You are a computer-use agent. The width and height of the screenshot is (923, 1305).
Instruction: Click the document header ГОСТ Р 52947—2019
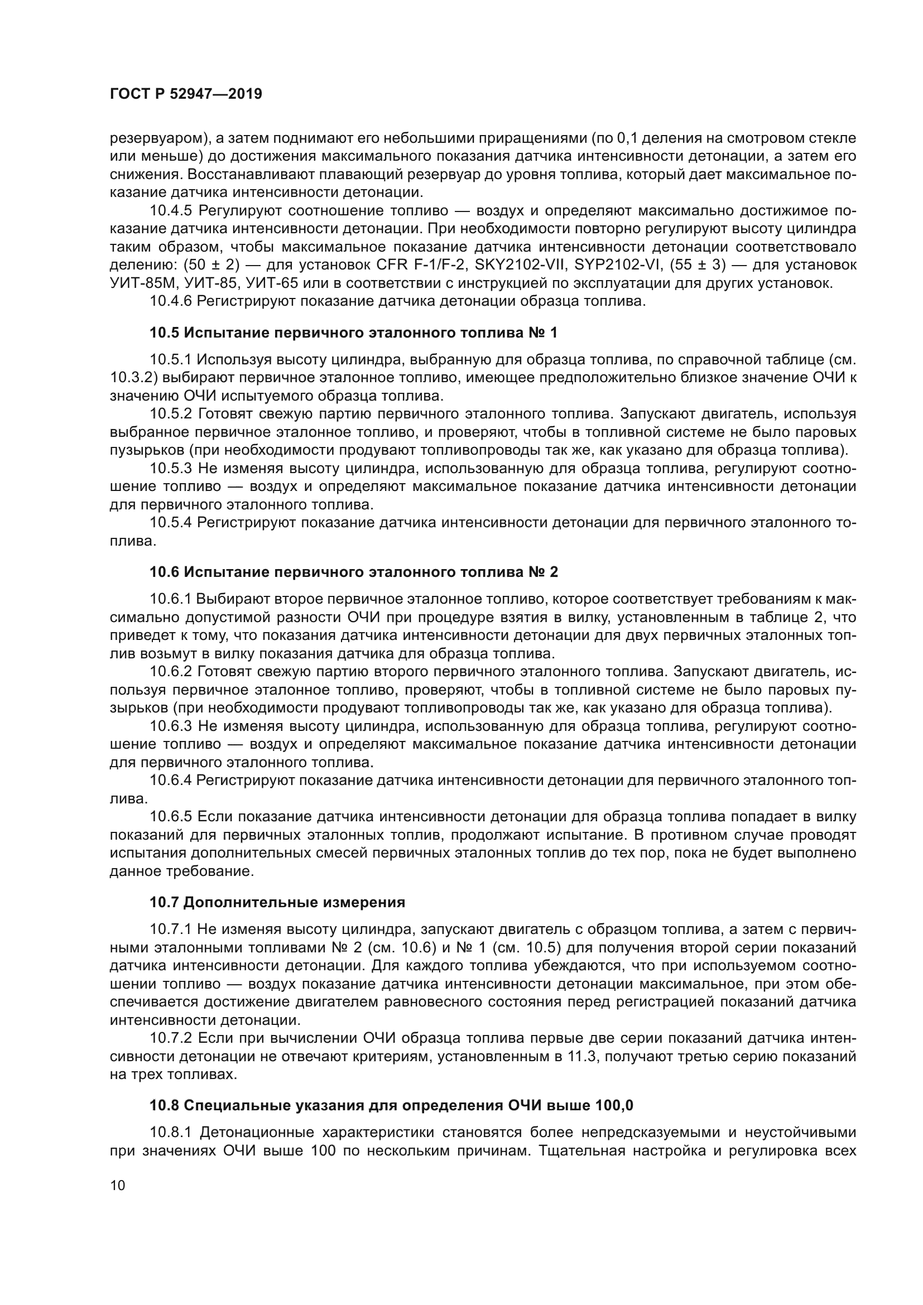(x=186, y=94)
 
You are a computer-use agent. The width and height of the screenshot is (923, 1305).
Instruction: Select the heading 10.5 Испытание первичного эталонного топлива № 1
(x=353, y=333)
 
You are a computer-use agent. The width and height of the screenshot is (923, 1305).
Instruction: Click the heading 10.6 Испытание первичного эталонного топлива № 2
(x=353, y=572)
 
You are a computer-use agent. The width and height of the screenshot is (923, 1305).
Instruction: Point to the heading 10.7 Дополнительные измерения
(x=277, y=902)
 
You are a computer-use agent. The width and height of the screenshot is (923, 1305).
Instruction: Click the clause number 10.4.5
(x=171, y=211)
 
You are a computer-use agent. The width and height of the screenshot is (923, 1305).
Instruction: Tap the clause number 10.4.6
(x=171, y=301)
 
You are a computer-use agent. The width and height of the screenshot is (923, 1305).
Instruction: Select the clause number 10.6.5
(x=171, y=817)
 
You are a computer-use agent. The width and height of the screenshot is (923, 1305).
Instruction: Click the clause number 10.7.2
(x=171, y=1038)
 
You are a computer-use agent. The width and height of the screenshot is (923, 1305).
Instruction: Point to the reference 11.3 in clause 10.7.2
(x=578, y=1057)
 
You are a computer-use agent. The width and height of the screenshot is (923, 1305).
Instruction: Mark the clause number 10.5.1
(x=171, y=359)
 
